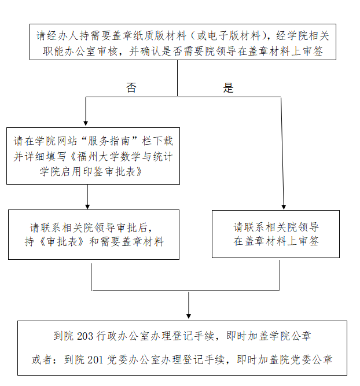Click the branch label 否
(x=131, y=88)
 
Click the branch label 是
(x=229, y=88)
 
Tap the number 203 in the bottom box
(x=85, y=336)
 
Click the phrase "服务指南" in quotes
(x=112, y=141)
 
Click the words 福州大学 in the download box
(x=93, y=156)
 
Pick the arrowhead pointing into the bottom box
(x=189, y=315)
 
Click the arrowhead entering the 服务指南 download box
(x=86, y=123)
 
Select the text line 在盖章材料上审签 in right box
(x=276, y=242)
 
